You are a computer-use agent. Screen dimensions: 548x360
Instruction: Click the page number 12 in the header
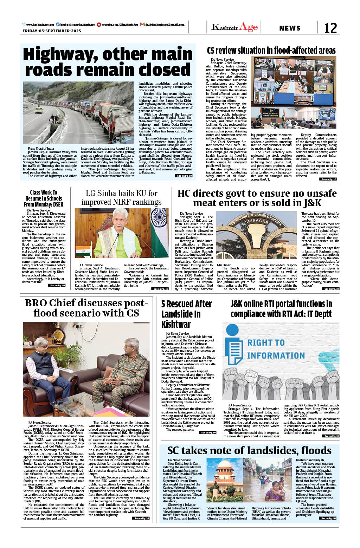click(330, 28)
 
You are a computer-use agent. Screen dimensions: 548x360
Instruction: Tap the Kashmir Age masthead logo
click(234, 27)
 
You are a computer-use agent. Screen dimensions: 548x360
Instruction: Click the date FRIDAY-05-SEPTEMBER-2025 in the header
click(52, 31)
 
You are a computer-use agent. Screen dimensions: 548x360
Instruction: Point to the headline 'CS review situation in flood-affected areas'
click(271, 51)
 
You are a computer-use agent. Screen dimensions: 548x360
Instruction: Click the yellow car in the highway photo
click(39, 110)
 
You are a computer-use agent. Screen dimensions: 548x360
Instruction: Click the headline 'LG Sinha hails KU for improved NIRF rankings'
click(121, 197)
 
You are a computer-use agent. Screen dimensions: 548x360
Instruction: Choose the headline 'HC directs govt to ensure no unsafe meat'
click(257, 198)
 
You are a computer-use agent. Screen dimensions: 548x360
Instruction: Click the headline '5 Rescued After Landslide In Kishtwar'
click(186, 314)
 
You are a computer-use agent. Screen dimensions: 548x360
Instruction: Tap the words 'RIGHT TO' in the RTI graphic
click(266, 343)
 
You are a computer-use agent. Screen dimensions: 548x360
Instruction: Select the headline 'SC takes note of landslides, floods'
click(249, 451)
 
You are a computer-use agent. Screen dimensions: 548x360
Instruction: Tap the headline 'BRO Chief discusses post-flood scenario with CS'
click(86, 308)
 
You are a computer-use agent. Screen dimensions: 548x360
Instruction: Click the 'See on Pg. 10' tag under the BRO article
click(141, 518)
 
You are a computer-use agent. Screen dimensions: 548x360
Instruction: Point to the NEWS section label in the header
click(290, 28)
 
